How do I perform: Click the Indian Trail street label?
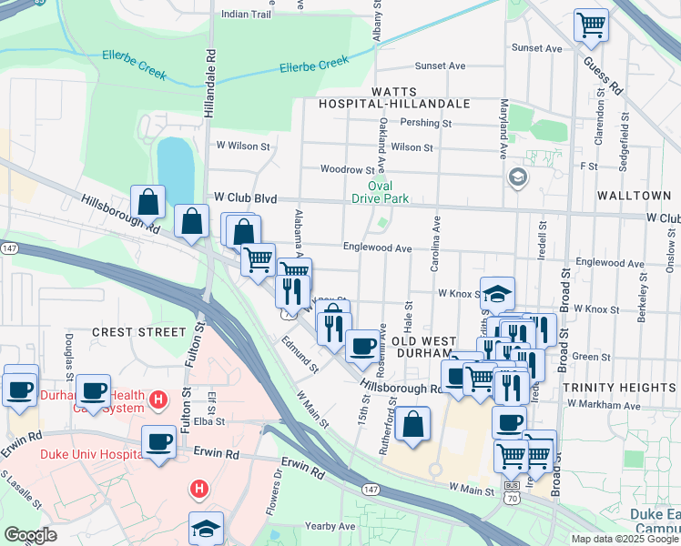click(247, 15)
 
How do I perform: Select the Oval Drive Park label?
click(381, 192)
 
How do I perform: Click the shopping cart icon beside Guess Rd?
click(591, 25)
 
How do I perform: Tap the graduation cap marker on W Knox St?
click(497, 293)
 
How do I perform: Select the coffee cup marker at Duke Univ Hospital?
click(159, 441)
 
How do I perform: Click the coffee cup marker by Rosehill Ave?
click(363, 345)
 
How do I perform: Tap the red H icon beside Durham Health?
click(158, 399)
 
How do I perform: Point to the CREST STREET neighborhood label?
click(139, 333)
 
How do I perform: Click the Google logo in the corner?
click(30, 535)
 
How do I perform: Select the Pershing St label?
click(433, 123)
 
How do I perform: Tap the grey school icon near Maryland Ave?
click(517, 176)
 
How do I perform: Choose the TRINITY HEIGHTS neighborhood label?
click(619, 388)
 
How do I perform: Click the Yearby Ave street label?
click(330, 526)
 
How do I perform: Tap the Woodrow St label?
click(347, 169)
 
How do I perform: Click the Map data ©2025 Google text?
click(624, 538)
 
